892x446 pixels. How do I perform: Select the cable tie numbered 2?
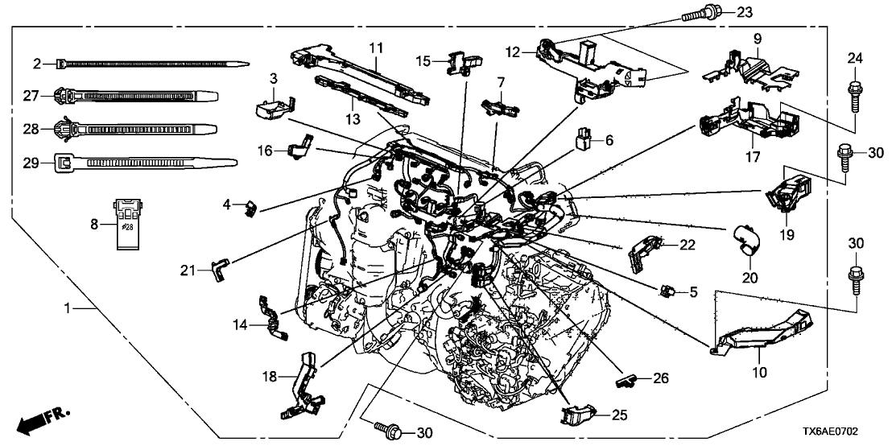153,63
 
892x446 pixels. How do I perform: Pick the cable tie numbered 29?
145,163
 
